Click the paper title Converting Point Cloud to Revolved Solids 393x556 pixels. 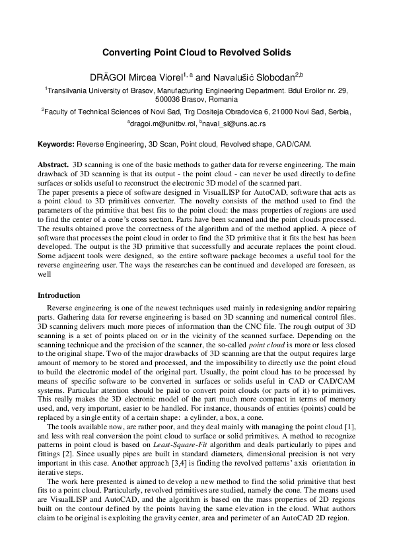[x=196, y=52]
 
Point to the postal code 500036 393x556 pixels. [x=168, y=98]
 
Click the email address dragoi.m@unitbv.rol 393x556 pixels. [x=159, y=123]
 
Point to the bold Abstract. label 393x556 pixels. [x=53, y=162]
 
